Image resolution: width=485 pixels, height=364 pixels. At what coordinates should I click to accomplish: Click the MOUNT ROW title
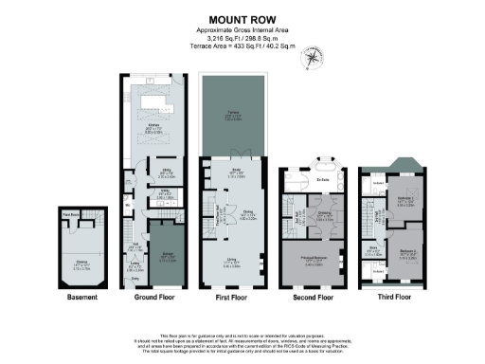(x=242, y=17)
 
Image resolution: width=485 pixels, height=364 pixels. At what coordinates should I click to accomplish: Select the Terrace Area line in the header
(x=242, y=45)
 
